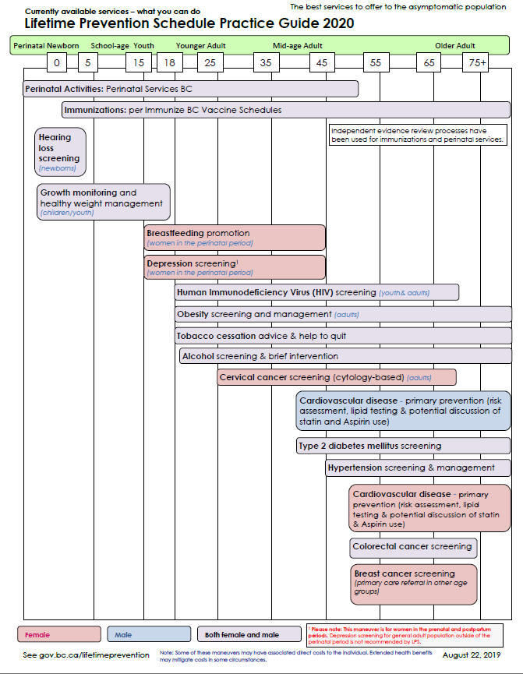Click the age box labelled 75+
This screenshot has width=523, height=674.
(475, 62)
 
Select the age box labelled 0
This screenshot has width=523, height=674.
(57, 62)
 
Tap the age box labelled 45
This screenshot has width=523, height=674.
(321, 62)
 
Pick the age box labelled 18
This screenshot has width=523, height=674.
(169, 62)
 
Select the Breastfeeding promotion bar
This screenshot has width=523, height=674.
(235, 237)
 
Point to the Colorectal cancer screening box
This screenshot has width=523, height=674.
(413, 547)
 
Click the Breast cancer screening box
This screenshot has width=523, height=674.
(413, 584)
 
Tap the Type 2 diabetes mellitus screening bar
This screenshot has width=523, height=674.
(403, 446)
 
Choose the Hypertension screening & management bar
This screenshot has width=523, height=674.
(418, 468)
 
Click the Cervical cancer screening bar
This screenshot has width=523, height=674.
(336, 377)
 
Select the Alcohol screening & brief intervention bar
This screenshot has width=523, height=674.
(345, 356)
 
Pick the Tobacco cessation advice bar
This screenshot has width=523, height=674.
(343, 336)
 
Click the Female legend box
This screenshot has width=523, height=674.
(59, 634)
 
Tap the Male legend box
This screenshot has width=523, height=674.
(149, 634)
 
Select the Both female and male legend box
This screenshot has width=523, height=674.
(249, 634)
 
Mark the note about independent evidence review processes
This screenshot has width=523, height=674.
(417, 135)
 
